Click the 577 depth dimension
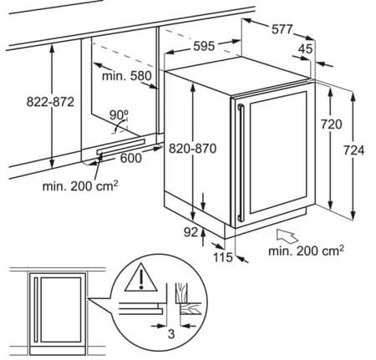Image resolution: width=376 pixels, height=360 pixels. click(x=282, y=29)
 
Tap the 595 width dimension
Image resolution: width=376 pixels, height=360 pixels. click(x=204, y=46)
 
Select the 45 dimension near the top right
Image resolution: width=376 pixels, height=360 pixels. click(x=306, y=49)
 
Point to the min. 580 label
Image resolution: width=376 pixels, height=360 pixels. click(x=127, y=76)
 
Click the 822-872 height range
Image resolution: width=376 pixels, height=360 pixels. click(x=50, y=102)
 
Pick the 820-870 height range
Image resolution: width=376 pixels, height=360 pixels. click(x=192, y=149)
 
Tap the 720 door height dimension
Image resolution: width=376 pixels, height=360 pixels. click(x=331, y=124)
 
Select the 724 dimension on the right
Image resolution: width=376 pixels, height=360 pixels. click(x=353, y=150)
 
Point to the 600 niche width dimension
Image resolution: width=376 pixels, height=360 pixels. click(x=131, y=158)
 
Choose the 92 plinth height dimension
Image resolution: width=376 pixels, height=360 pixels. click(x=191, y=232)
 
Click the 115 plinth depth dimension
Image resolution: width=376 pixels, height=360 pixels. click(x=223, y=257)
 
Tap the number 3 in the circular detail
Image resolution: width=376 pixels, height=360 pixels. click(x=171, y=333)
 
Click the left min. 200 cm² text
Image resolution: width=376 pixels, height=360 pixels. click(x=80, y=185)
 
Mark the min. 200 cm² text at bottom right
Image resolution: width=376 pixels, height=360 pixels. click(x=306, y=251)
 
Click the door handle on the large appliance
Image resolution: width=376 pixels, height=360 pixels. click(x=241, y=163)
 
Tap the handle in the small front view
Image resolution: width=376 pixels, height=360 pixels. click(x=36, y=309)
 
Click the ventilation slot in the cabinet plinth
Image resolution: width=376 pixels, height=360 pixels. click(x=121, y=146)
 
